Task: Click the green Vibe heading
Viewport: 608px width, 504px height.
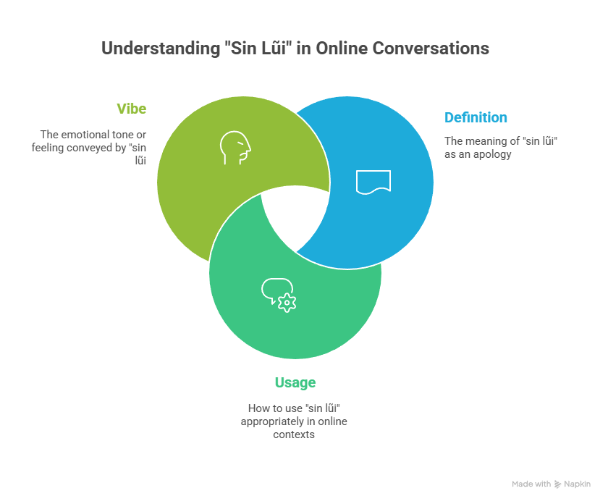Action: click(x=131, y=109)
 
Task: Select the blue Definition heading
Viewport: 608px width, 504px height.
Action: click(x=476, y=117)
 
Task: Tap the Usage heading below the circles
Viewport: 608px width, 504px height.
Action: click(x=295, y=382)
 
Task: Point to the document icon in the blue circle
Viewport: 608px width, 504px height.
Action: click(x=373, y=182)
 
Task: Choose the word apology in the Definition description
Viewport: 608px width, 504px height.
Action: click(x=494, y=154)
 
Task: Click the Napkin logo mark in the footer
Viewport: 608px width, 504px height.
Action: click(x=557, y=484)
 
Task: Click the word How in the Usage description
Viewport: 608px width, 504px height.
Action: click(x=255, y=408)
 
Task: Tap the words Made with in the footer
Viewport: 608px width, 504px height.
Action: click(x=531, y=484)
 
